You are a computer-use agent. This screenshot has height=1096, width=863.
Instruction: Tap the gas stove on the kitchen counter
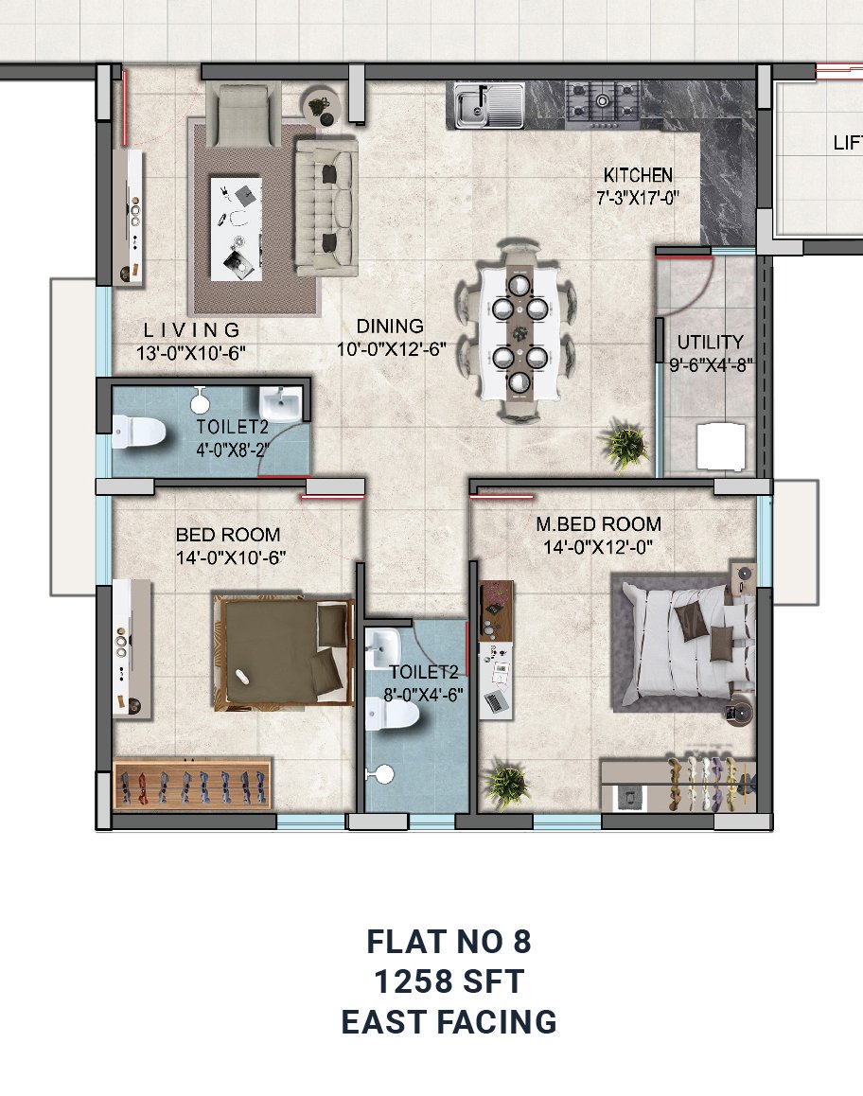click(603, 105)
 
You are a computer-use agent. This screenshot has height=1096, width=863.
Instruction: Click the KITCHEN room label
click(638, 175)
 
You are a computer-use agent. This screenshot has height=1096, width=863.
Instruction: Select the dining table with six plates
click(520, 331)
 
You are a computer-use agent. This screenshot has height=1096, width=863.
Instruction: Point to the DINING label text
click(390, 326)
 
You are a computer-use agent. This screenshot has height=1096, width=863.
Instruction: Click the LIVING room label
click(192, 330)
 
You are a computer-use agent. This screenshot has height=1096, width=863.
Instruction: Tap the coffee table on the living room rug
click(237, 228)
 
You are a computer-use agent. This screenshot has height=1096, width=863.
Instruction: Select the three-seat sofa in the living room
click(326, 207)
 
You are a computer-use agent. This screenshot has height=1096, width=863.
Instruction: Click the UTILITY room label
click(710, 342)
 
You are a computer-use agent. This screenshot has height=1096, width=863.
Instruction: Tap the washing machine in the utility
click(721, 446)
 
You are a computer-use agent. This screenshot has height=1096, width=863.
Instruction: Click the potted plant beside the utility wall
click(625, 444)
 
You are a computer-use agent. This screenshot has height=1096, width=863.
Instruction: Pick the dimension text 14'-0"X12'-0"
click(598, 547)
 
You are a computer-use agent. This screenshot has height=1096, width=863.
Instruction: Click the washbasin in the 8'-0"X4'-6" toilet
click(382, 647)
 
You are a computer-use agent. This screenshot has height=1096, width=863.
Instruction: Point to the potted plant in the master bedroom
click(506, 783)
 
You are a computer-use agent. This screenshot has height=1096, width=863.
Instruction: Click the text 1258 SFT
click(449, 981)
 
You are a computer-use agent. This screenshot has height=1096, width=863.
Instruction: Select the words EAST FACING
click(449, 1022)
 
